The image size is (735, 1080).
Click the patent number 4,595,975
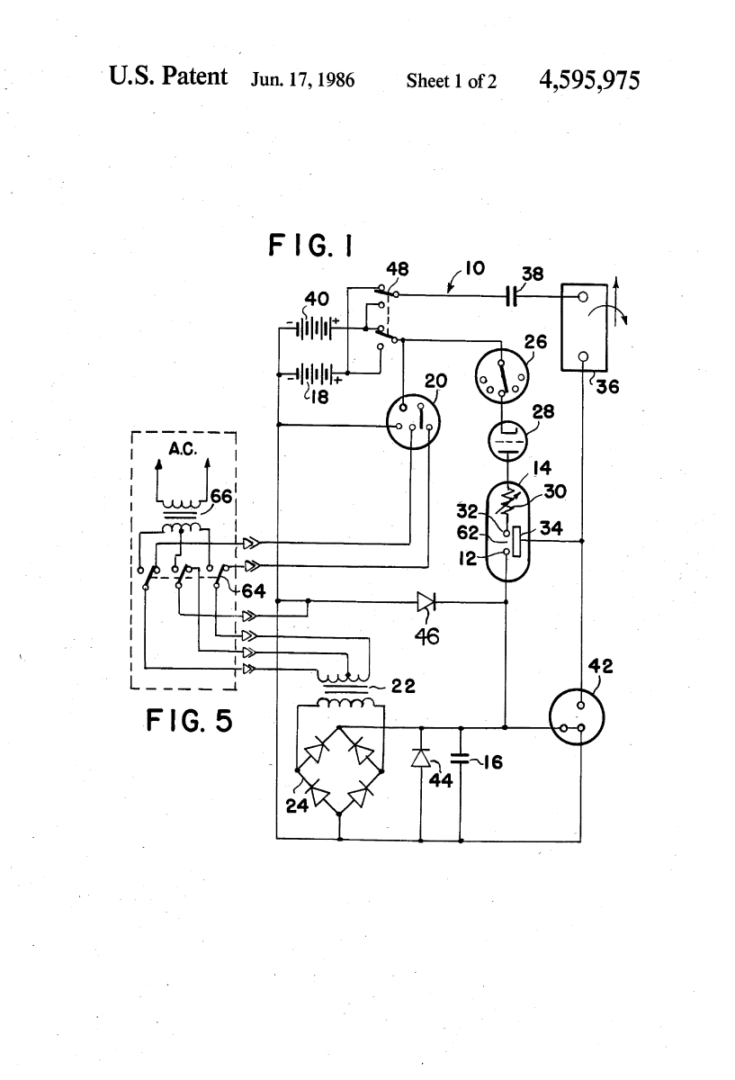coord(589,79)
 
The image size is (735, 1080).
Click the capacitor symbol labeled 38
coord(510,295)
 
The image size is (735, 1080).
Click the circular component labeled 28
coord(510,441)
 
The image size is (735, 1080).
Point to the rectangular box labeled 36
coord(583,327)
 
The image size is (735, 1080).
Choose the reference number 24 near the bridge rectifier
coord(297,805)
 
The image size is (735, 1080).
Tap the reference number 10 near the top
coord(476,268)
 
